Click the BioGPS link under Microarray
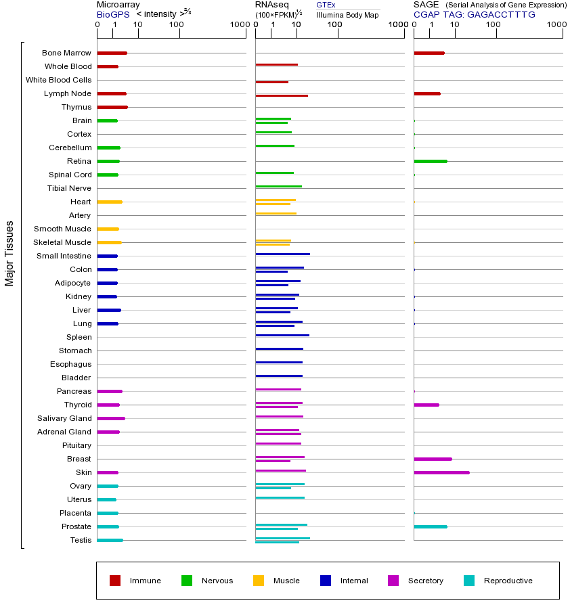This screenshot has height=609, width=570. pos(112,14)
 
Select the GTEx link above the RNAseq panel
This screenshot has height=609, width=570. pos(326,5)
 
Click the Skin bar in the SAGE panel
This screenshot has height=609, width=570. pos(441,472)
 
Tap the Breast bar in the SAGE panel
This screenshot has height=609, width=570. pos(433,459)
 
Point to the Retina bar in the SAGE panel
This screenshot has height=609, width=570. pos(431,161)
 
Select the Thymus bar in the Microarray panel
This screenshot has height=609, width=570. pos(112,107)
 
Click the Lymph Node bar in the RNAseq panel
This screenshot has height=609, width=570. pos(282,95)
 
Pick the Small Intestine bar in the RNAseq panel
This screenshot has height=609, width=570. pos(282,254)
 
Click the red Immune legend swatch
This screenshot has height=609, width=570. pos(115,581)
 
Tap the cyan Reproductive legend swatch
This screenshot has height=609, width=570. pos(469,581)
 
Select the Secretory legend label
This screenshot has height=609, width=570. pos(425,581)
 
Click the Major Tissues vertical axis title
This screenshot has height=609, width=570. pos(9,253)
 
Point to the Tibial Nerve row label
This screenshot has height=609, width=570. pos(69,188)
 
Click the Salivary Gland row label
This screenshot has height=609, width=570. pos(64,418)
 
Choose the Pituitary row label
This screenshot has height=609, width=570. pos(76,445)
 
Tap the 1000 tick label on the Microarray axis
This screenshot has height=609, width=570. pos(238,25)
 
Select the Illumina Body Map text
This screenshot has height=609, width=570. pos(347,14)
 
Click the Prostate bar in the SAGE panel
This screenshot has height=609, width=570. pos(431,526)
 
